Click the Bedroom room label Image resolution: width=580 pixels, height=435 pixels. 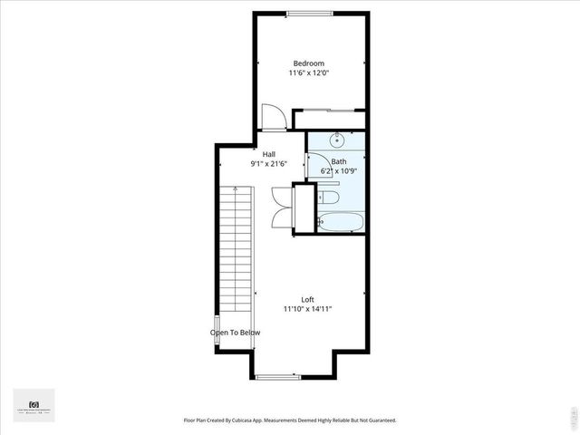[x=308, y=63]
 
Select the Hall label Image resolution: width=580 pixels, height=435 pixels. [x=268, y=154]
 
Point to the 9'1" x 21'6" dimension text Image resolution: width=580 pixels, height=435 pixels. [x=268, y=164]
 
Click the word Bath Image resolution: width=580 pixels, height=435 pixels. [x=338, y=161]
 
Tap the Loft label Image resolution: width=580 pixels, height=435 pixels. [x=308, y=299]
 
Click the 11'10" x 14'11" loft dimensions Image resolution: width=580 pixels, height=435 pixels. [x=308, y=309]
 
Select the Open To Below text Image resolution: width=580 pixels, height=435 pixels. [x=236, y=333]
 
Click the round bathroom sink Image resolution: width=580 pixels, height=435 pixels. [x=337, y=140]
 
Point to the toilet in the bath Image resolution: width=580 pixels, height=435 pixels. [x=328, y=197]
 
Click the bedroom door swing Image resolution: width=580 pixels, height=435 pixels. [x=273, y=116]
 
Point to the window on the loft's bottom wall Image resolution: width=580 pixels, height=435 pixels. [x=274, y=376]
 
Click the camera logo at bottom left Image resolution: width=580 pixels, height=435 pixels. [x=34, y=404]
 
